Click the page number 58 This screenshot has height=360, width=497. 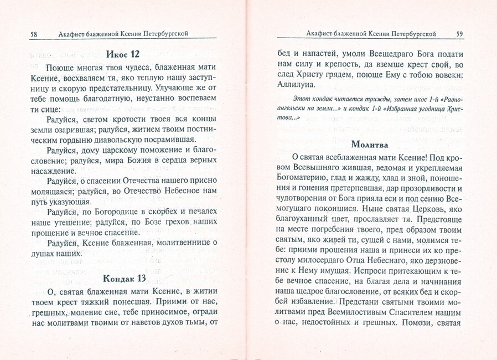[33, 34]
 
